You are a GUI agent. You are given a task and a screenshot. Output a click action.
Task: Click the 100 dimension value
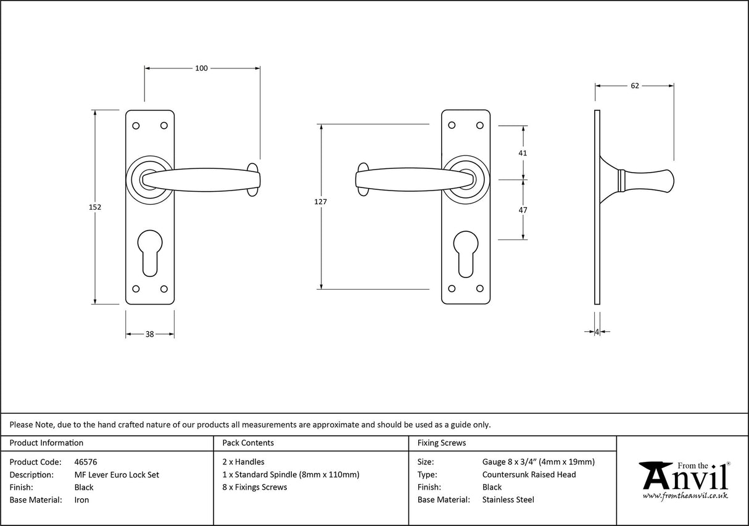pos(201,68)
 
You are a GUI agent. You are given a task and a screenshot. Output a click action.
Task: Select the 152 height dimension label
pos(94,207)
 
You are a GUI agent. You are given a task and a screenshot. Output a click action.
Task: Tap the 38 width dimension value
pos(149,334)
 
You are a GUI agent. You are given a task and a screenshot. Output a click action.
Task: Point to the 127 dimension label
pos(320,202)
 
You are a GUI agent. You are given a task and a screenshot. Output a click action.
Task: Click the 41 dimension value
pos(523,153)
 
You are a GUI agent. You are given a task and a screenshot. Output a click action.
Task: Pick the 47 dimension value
pos(523,210)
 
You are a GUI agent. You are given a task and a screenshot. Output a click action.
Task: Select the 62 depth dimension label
pos(635,86)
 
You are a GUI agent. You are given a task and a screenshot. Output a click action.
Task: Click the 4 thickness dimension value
pos(597,332)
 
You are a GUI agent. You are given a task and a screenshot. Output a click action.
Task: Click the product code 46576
pos(85,462)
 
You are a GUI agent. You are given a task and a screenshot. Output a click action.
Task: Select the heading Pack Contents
pos(248,443)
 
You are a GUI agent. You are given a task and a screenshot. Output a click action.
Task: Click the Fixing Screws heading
pos(442,443)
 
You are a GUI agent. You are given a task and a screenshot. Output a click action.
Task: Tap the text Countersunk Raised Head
pos(529,474)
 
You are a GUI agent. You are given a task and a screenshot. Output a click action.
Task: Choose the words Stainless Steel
pos(508,500)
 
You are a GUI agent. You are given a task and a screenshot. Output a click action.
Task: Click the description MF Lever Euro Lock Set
pos(117,475)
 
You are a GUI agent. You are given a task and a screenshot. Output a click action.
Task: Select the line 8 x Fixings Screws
pos(254,487)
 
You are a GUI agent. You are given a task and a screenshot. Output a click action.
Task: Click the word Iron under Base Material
pos(81,500)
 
